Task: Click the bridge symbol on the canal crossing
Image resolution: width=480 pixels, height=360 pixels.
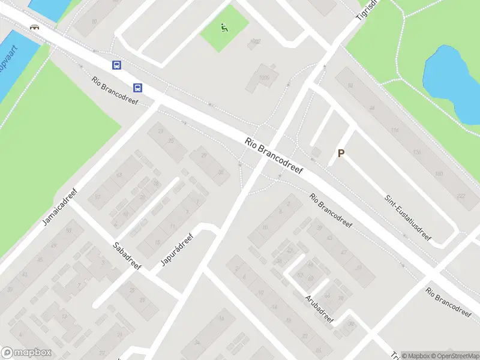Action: tap(35, 26)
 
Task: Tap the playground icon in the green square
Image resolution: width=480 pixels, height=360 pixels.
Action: tap(224, 27)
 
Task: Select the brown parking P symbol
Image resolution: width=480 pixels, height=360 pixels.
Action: tap(341, 154)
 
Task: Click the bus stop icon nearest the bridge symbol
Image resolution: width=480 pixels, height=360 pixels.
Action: tap(116, 65)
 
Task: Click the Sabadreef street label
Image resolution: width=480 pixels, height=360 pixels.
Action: tap(127, 255)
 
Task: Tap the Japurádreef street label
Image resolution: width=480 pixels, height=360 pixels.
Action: tap(176, 250)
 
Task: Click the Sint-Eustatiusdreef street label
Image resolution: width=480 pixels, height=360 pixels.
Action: tap(408, 212)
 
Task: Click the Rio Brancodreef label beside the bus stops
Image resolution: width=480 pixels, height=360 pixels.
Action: tap(115, 91)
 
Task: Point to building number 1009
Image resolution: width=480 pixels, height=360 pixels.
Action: tap(265, 77)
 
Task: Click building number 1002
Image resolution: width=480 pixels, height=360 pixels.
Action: tap(256, 41)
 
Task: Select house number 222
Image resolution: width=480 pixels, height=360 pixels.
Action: tap(461, 196)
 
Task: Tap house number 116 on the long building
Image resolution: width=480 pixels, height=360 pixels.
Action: tap(394, 130)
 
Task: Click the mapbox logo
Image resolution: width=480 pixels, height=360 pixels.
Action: tap(26, 353)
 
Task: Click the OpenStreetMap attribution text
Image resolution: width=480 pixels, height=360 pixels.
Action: tap(453, 356)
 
